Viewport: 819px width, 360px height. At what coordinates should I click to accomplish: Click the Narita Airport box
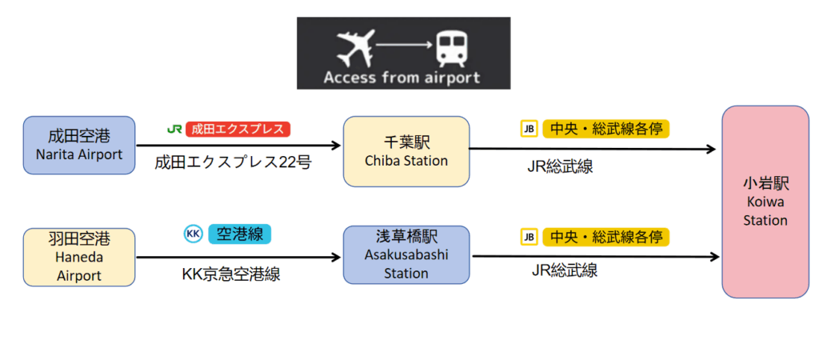(x=79, y=146)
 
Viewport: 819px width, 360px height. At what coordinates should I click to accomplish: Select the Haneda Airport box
(x=79, y=257)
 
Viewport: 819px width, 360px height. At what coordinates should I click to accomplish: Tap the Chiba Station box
(x=406, y=151)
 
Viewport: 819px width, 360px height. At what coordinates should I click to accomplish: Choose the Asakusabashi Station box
(x=406, y=255)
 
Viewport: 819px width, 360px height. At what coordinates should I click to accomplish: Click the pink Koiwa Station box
(x=765, y=202)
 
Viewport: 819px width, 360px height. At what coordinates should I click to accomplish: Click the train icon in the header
(x=453, y=48)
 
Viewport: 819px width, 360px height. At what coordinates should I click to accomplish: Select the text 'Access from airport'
(x=402, y=78)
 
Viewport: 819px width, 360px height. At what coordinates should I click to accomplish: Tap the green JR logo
(x=174, y=129)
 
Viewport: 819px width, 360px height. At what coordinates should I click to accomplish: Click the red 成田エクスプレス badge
(x=238, y=129)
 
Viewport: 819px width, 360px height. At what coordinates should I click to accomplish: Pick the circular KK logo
(x=194, y=234)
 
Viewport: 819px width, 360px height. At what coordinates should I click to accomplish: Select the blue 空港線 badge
(x=240, y=234)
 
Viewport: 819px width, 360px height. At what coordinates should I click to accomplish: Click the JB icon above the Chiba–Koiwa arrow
(x=529, y=129)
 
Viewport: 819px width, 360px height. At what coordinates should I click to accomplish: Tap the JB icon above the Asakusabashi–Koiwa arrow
(x=529, y=238)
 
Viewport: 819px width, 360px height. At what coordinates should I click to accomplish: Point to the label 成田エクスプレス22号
(x=233, y=162)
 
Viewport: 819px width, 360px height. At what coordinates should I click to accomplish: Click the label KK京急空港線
(x=231, y=274)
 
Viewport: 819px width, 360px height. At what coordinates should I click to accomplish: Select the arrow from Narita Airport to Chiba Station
(x=238, y=146)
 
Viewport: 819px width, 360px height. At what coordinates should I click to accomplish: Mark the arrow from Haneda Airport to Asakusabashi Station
(x=238, y=257)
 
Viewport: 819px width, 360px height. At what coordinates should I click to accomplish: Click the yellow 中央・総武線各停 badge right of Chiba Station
(x=606, y=129)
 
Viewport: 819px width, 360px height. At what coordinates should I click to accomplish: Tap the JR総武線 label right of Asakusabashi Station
(x=565, y=270)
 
